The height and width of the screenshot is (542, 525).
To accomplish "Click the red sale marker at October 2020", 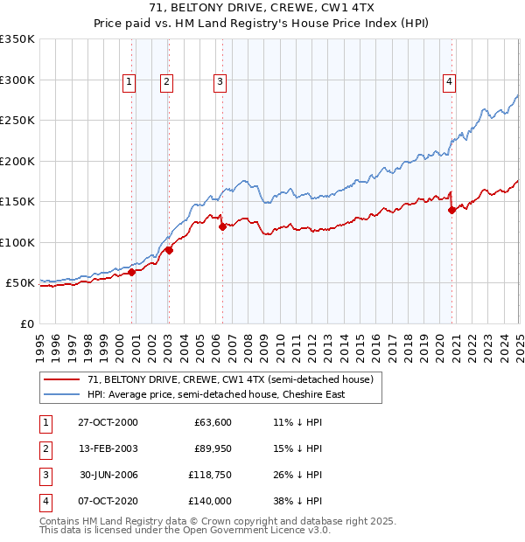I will pos(451,210).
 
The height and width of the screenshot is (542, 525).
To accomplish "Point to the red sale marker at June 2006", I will pos(222,226).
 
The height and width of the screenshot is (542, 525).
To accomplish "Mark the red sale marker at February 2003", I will pos(169,250).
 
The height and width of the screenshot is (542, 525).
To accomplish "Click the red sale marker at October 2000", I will pos(132,272).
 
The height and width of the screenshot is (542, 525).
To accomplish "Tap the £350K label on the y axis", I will pos(17,39).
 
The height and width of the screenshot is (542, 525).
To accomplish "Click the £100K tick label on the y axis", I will pos(17,242).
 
